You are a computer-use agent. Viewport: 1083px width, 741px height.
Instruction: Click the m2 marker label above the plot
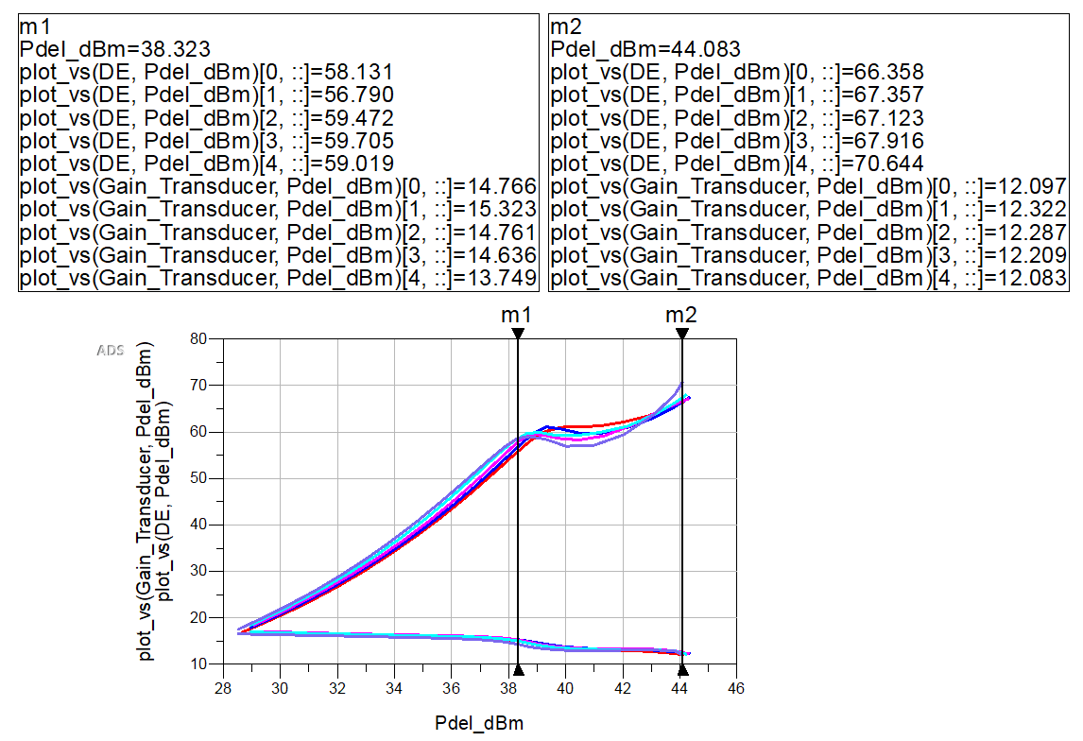pyautogui.click(x=676, y=316)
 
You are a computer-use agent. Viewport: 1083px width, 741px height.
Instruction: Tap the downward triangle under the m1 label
pyautogui.click(x=519, y=334)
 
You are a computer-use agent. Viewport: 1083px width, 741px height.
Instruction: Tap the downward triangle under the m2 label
pyautogui.click(x=681, y=334)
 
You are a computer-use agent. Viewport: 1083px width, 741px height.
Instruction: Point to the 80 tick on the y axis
pyautogui.click(x=198, y=339)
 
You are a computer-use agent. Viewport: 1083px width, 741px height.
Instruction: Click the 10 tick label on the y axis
pyautogui.click(x=198, y=664)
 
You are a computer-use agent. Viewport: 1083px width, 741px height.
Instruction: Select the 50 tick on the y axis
pyautogui.click(x=198, y=478)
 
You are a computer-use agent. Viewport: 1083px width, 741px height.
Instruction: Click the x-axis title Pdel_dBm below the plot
pyautogui.click(x=479, y=723)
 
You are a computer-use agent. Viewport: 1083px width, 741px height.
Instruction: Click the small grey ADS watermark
pyautogui.click(x=111, y=351)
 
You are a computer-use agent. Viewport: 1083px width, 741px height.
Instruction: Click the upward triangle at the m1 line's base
pyautogui.click(x=519, y=671)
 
